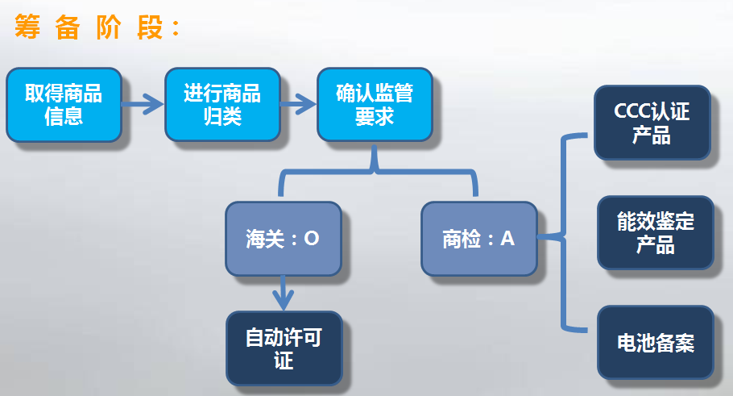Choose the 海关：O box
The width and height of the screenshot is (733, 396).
tap(283, 239)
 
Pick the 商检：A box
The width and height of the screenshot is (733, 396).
tap(478, 239)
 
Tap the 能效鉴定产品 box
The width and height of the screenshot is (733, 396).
tap(655, 232)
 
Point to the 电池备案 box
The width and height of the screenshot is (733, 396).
tap(655, 344)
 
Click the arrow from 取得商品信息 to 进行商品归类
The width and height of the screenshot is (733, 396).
tap(143, 103)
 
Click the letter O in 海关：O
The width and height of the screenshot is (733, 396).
tap(312, 240)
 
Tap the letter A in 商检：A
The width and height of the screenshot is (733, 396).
tap(507, 239)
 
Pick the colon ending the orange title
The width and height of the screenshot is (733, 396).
tap(172, 29)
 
